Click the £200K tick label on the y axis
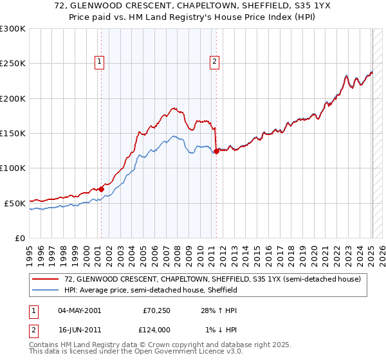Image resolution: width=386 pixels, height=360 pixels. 13,98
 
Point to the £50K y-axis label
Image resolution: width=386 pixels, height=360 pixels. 15,203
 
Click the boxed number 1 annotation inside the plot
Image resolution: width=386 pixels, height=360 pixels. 100,62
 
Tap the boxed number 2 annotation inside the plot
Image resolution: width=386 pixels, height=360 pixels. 214,62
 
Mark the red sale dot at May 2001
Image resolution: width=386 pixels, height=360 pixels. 102,189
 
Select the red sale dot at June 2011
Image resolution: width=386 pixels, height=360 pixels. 216,151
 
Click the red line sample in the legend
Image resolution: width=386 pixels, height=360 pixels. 46,279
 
